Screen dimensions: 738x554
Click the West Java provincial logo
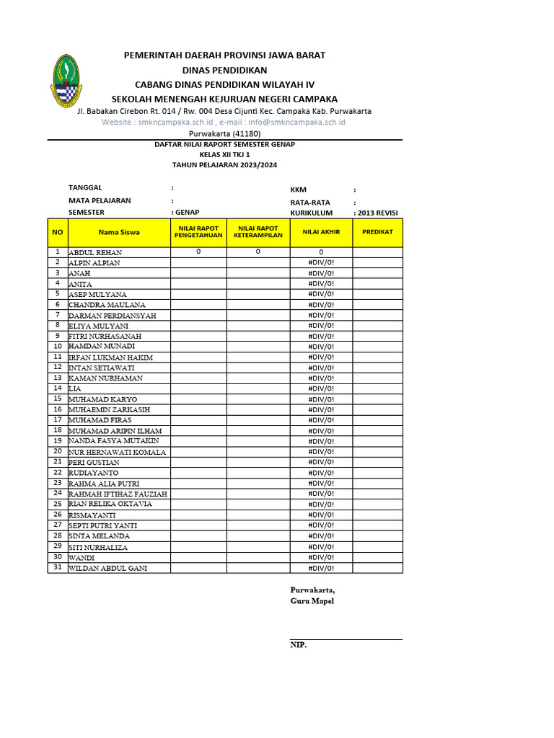pyautogui.click(x=66, y=81)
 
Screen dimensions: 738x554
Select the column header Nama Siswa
pyautogui.click(x=119, y=232)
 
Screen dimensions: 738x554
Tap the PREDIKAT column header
pyautogui.click(x=377, y=232)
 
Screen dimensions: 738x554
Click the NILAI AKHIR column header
pyautogui.click(x=321, y=232)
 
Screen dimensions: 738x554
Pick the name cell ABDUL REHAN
pyautogui.click(x=95, y=253)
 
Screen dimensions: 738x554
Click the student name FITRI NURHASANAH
pyautogui.click(x=105, y=337)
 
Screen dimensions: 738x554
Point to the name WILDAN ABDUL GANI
pyautogui.click(x=107, y=569)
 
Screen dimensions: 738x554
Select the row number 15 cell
pyautogui.click(x=57, y=399)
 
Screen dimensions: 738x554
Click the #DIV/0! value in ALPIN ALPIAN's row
pyautogui.click(x=321, y=263)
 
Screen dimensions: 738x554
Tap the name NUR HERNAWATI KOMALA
pyautogui.click(x=117, y=453)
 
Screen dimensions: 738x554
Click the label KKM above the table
pyautogui.click(x=299, y=190)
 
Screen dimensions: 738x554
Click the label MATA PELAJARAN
pyautogui.click(x=100, y=200)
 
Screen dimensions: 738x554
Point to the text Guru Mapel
pyautogui.click(x=312, y=601)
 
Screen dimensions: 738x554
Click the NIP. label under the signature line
pyautogui.click(x=298, y=645)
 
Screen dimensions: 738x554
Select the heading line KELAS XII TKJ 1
pyautogui.click(x=224, y=154)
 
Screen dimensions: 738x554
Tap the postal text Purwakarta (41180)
pyautogui.click(x=224, y=133)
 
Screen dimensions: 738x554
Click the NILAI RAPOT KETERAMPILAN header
pyautogui.click(x=258, y=232)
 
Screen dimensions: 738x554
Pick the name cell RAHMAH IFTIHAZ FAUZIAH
pyautogui.click(x=118, y=494)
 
